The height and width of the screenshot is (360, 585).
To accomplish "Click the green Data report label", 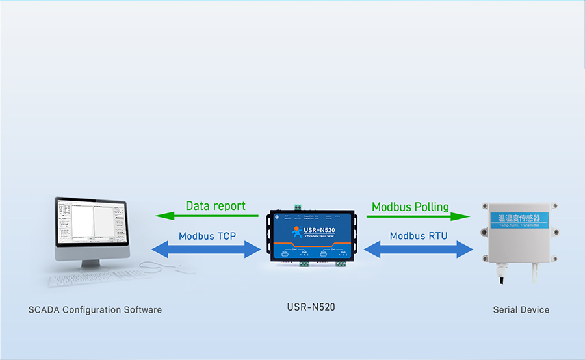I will click(215, 206).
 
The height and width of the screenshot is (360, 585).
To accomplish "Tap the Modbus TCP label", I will click(207, 236).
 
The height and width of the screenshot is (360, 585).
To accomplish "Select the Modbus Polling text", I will click(410, 207).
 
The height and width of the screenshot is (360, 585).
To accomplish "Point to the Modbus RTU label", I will click(419, 236).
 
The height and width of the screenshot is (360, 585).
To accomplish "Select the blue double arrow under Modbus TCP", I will click(207, 249).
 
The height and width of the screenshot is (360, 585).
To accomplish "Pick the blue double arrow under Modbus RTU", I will click(419, 249).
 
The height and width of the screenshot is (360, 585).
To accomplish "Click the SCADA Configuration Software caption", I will click(95, 310).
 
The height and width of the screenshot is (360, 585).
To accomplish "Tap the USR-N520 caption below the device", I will click(311, 307).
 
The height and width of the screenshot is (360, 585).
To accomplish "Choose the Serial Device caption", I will click(521, 310).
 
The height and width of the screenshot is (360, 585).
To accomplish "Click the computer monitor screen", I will click(91, 224).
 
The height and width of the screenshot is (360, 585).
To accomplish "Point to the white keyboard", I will click(91, 280).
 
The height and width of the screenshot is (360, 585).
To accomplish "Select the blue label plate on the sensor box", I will click(518, 220).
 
